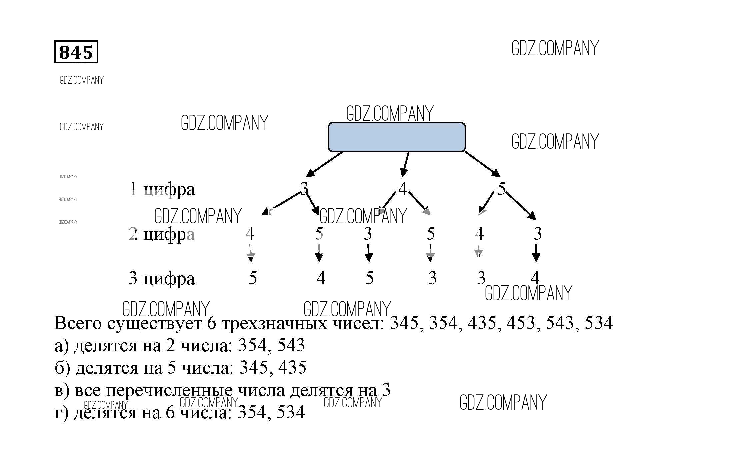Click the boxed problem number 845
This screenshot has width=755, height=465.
[76, 52]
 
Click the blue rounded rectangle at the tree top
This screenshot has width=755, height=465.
[396, 137]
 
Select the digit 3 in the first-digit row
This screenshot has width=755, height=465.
[304, 189]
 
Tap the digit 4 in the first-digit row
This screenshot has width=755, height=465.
[403, 189]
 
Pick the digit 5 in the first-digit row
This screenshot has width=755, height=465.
[501, 189]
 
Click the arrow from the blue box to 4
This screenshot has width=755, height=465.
[405, 164]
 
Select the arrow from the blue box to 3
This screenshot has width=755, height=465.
[324, 164]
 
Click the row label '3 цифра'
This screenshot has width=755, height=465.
[162, 278]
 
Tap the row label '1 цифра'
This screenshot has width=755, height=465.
[162, 189]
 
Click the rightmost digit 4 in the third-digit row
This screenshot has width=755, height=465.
[535, 277]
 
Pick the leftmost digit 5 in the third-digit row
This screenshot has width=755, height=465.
[253, 278]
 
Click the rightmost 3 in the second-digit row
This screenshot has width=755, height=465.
[537, 233]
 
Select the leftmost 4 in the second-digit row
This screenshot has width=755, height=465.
[250, 233]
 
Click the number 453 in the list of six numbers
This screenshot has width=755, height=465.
[520, 323]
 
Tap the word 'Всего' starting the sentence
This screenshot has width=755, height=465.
[78, 323]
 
